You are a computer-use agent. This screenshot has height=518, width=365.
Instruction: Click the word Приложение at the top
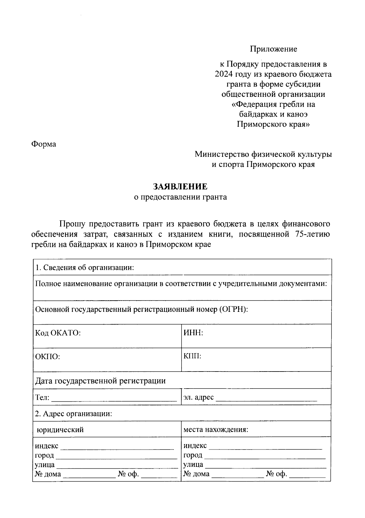point(273,49)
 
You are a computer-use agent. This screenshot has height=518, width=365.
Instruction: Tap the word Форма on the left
point(44,144)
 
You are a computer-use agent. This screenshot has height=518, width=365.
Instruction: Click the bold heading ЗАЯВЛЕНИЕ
point(180,186)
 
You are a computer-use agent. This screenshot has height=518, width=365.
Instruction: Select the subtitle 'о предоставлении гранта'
point(180,197)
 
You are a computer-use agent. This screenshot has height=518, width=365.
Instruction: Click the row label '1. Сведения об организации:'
point(85,268)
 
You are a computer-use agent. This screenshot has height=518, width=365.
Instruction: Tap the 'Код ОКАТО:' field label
point(58,333)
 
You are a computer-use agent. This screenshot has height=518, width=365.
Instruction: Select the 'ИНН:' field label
point(193,333)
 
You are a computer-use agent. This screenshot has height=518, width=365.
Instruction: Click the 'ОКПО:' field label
point(47,357)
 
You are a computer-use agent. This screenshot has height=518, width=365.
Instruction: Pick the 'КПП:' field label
point(192,356)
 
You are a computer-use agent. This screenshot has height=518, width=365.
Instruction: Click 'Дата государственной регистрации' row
point(100,381)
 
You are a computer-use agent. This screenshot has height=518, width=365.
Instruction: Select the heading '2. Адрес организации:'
point(74,414)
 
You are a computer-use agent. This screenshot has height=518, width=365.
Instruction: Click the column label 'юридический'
point(60,430)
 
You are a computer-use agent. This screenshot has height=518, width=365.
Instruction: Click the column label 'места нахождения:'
point(216,430)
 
